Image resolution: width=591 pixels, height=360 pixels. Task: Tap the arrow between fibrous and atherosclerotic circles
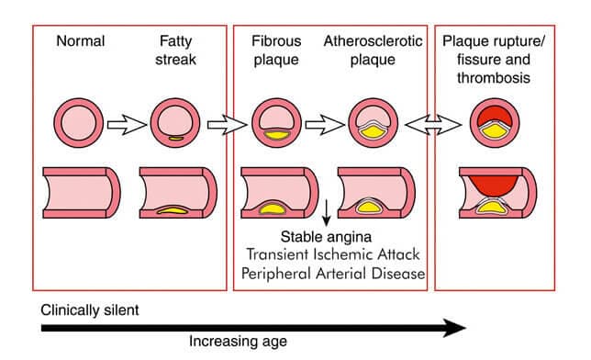tap(322, 124)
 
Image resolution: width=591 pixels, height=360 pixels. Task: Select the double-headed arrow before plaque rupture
tap(431, 124)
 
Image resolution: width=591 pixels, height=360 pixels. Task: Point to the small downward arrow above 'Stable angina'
tap(327, 210)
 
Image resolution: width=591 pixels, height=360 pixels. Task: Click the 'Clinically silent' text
tap(90, 310)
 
